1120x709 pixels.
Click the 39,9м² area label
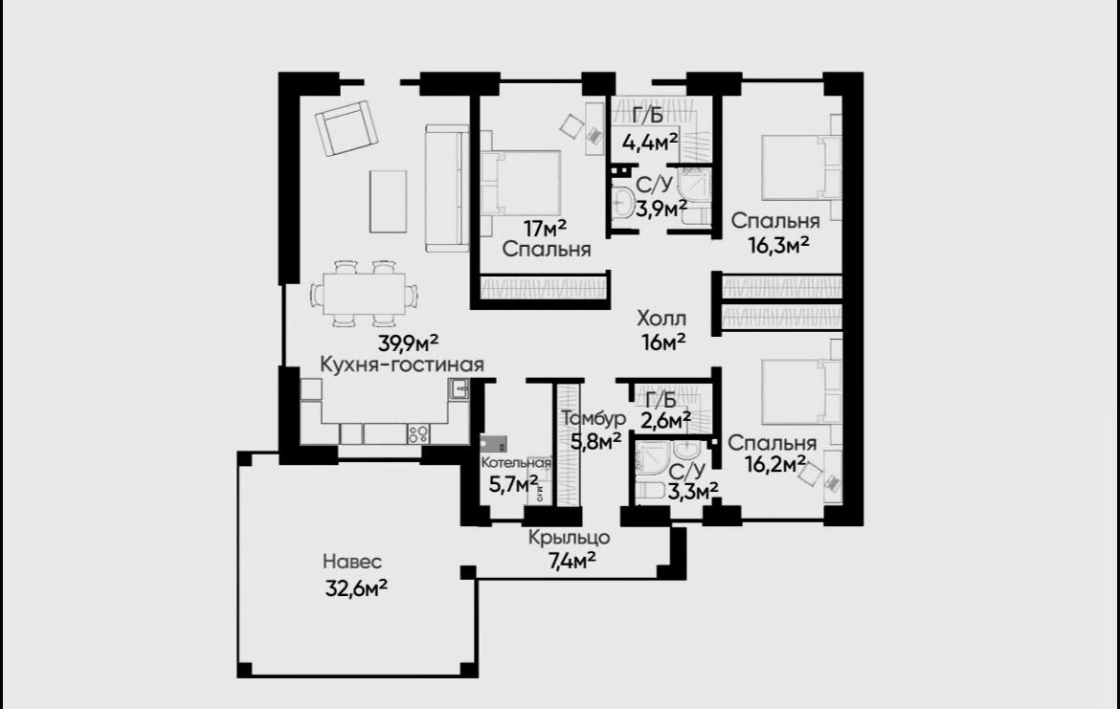[x=408, y=343]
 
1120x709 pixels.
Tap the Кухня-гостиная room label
[x=401, y=365]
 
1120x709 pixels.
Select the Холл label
[x=661, y=319]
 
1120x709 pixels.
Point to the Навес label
[x=352, y=562]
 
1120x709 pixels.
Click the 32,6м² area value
[x=356, y=588]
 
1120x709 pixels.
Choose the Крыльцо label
[x=570, y=537]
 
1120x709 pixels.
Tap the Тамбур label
[x=594, y=418]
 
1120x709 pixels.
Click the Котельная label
[x=516, y=463]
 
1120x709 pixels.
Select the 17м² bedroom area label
[x=545, y=229]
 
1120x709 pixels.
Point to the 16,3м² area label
[x=778, y=245]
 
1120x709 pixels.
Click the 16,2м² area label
[x=775, y=465]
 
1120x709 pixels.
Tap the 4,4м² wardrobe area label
[x=650, y=143]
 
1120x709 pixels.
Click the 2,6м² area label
[x=665, y=421]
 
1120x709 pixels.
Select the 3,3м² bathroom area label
[x=693, y=491]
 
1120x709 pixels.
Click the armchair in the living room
[x=347, y=128]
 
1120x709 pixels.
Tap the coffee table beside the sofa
[x=388, y=201]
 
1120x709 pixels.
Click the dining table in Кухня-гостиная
[x=365, y=294]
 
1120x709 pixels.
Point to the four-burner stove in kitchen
[x=418, y=434]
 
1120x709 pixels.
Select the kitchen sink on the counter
[x=459, y=389]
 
